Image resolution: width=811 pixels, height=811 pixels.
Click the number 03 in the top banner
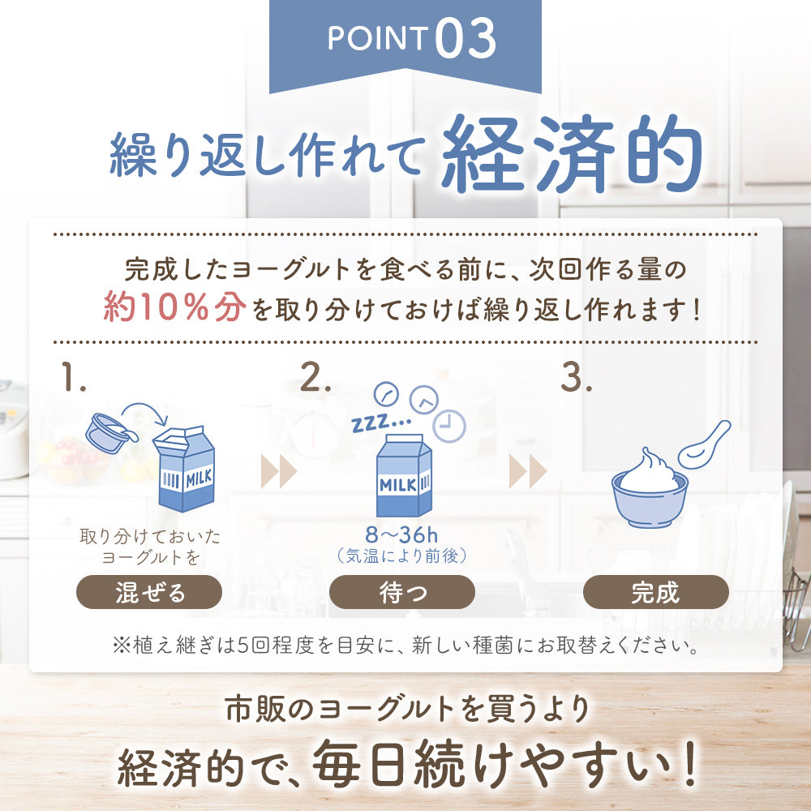(x=465, y=40)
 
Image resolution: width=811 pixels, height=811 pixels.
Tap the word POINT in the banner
(x=377, y=40)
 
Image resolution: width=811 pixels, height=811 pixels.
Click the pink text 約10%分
(x=174, y=308)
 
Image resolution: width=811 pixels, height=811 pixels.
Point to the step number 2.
(x=315, y=378)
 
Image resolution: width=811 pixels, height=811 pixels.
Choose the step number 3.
(x=577, y=378)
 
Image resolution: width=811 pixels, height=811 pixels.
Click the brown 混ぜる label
(x=148, y=592)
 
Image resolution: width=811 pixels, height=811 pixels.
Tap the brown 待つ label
(x=402, y=592)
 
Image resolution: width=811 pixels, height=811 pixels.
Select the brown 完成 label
(x=655, y=592)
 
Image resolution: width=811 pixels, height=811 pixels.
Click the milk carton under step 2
(x=403, y=475)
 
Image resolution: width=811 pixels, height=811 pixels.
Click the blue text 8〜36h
(x=402, y=536)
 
